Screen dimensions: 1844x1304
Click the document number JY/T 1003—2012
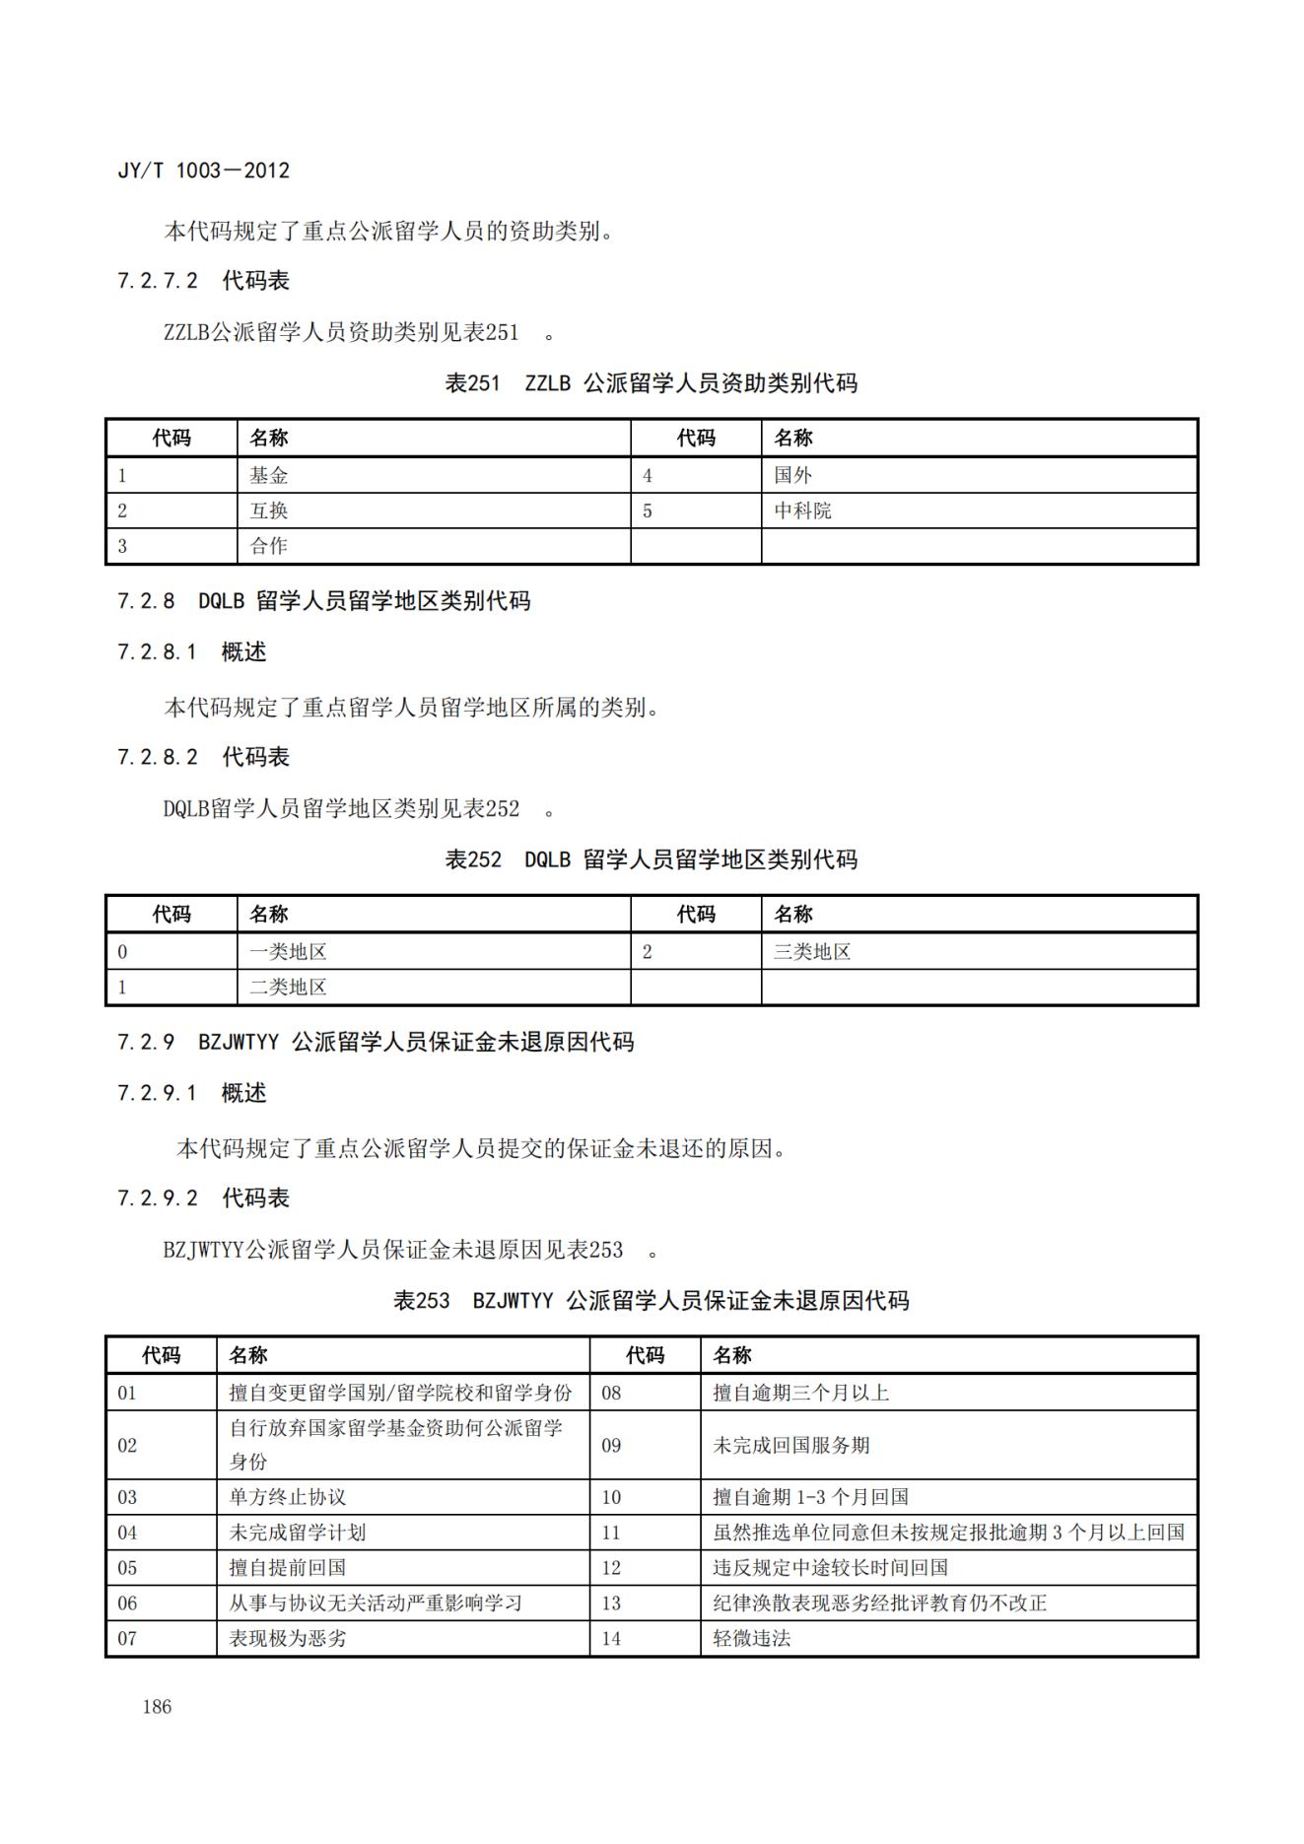[x=203, y=171]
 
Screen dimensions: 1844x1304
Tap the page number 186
[x=157, y=1707]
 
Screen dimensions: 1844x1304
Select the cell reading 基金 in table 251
[x=268, y=476]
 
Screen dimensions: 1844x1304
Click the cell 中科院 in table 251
[x=802, y=512]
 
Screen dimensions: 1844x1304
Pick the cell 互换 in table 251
[x=268, y=512]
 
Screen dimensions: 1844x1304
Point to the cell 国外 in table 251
[x=792, y=476]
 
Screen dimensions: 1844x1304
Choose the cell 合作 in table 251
[x=268, y=546]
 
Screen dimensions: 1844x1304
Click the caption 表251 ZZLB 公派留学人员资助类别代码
[x=651, y=383]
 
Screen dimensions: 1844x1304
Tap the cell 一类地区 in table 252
[x=288, y=952]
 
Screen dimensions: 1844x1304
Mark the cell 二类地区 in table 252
[x=288, y=988]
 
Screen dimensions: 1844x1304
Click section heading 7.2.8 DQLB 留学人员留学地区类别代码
[x=323, y=601]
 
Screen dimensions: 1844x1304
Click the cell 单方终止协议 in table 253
[x=288, y=1497]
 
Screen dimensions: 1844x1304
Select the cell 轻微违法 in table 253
[x=752, y=1639]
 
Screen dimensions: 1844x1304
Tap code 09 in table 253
[x=611, y=1446]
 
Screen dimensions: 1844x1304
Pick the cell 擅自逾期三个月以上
[x=801, y=1393]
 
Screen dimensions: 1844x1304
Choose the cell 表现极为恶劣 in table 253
[x=288, y=1639]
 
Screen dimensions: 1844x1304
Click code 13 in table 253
[x=611, y=1604]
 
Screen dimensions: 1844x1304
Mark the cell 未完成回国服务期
[x=791, y=1446]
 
